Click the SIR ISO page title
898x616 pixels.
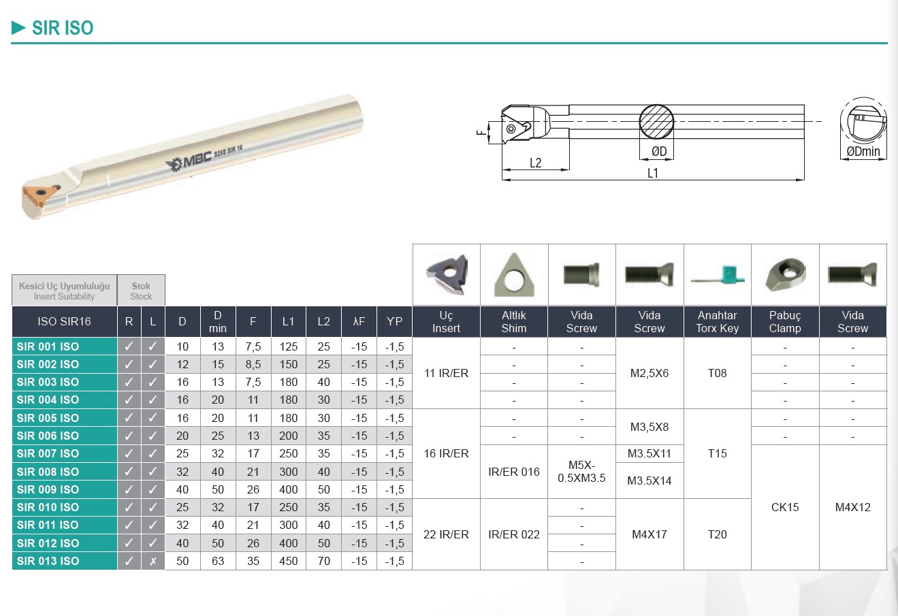point(63,28)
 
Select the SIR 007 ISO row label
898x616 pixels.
point(48,454)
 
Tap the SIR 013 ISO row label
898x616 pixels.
point(48,561)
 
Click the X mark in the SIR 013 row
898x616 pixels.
point(153,561)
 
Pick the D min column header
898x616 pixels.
point(218,321)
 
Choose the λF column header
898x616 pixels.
point(359,321)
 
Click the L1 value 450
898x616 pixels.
point(288,561)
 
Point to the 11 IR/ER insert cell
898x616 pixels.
point(446,373)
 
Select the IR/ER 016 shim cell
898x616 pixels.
point(514,472)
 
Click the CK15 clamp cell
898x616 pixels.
point(785,507)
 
